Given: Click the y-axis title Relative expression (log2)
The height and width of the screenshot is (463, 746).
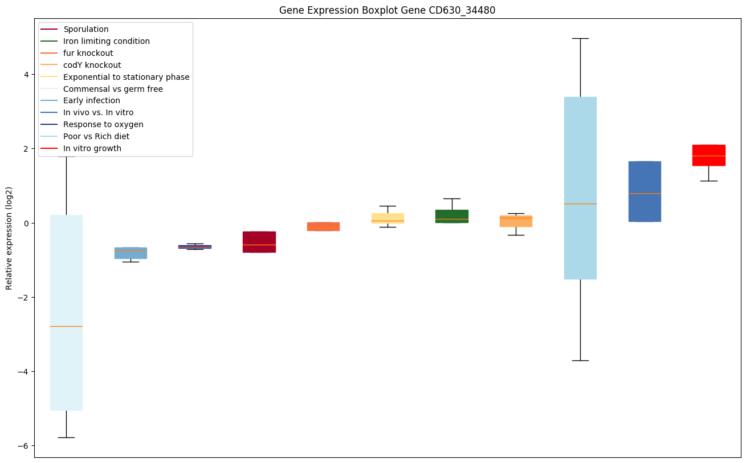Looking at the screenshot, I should (9, 238).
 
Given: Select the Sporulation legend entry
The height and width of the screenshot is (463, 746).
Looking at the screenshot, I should (86, 29).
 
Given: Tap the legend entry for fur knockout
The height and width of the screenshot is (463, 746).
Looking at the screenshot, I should (88, 53).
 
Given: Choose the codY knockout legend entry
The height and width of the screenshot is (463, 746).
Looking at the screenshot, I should (92, 65).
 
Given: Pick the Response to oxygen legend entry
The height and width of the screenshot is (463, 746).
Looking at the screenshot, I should (103, 124).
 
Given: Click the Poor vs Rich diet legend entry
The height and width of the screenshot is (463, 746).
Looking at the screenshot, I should (96, 136).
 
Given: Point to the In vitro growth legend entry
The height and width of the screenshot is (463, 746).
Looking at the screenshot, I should (92, 148).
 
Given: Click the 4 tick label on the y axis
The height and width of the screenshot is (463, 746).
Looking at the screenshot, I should (26, 75).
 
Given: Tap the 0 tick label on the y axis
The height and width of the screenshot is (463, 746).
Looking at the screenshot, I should (26, 223).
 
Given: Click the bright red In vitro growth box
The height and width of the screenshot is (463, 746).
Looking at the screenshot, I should (708, 155).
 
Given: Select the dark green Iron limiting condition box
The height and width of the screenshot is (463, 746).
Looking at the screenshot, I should (451, 216).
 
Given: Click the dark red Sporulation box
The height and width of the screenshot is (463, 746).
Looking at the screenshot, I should (259, 242).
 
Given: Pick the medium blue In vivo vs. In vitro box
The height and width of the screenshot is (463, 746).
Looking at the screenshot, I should (645, 191).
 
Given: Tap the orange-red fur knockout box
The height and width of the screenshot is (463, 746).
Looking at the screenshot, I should (323, 226).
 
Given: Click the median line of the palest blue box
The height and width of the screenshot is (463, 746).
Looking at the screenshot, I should (66, 326).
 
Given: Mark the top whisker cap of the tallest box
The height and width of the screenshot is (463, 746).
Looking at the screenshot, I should (580, 38).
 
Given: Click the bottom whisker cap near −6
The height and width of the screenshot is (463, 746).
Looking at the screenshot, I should (66, 437).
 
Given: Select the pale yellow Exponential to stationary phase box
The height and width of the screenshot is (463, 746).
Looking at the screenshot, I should (388, 218).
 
